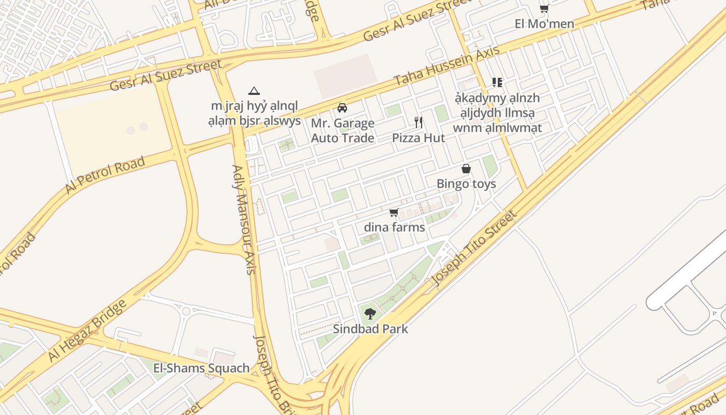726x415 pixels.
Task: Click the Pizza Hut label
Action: [x=418, y=138]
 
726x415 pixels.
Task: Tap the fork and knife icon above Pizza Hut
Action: [x=418, y=122]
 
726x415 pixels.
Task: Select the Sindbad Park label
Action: [x=370, y=329]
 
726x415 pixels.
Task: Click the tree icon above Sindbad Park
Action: [x=370, y=313]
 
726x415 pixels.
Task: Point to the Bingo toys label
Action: [x=466, y=184]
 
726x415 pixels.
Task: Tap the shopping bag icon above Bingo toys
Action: [x=466, y=169]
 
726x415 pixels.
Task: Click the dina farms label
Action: [x=394, y=227]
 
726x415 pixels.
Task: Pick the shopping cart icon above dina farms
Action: [x=394, y=212]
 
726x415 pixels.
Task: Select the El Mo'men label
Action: [x=544, y=24]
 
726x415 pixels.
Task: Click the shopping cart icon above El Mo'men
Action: [x=544, y=8]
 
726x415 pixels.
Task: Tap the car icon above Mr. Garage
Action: [x=342, y=108]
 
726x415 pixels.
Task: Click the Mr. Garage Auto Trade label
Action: [x=342, y=131]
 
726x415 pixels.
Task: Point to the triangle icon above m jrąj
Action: [x=254, y=91]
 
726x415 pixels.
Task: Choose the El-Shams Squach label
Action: [x=201, y=368]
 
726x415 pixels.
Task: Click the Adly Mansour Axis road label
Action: [x=244, y=219]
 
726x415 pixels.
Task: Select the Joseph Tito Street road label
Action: [x=474, y=248]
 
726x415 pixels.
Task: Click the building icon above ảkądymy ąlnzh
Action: [x=497, y=82]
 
